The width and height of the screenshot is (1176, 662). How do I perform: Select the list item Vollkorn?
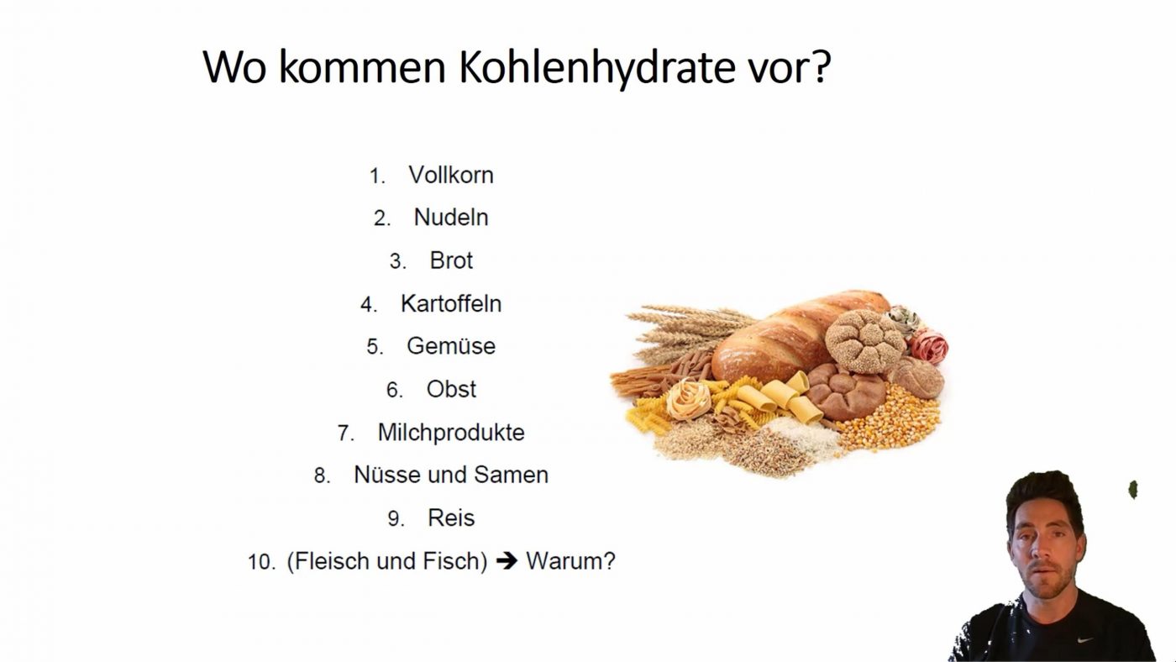click(451, 175)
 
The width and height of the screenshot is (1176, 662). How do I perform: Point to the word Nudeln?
click(451, 218)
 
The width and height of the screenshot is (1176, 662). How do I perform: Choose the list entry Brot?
click(451, 260)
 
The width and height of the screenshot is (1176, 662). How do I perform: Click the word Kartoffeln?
click(451, 303)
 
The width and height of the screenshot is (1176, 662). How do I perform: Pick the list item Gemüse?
click(451, 346)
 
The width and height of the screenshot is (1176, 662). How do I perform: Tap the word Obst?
click(451, 389)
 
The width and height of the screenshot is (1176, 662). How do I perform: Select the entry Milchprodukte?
click(451, 433)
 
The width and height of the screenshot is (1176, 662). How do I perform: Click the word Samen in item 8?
click(511, 475)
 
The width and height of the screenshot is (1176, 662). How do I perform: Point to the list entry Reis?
click(451, 518)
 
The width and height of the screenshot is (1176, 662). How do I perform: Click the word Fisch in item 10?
click(455, 560)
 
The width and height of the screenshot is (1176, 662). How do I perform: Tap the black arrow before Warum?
click(507, 560)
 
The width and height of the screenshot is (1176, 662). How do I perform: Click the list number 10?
click(261, 562)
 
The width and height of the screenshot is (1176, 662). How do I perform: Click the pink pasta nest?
click(928, 346)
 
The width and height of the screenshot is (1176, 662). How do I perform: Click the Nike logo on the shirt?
click(1085, 639)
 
